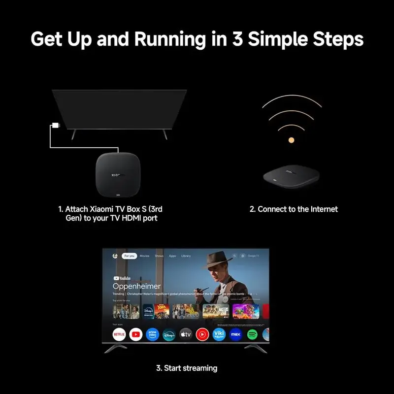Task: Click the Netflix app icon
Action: point(119,335)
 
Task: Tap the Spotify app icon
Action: point(252,335)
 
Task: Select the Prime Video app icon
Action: point(152,335)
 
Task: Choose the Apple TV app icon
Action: point(185,335)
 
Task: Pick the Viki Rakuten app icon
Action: point(219,335)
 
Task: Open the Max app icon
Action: point(235,335)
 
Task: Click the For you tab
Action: point(130,256)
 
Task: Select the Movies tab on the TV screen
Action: point(144,256)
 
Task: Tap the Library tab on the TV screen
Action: point(186,256)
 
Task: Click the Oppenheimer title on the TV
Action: point(137,286)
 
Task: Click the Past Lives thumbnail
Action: point(120,312)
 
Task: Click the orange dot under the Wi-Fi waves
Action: point(291,140)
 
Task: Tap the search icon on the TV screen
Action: point(234,256)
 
